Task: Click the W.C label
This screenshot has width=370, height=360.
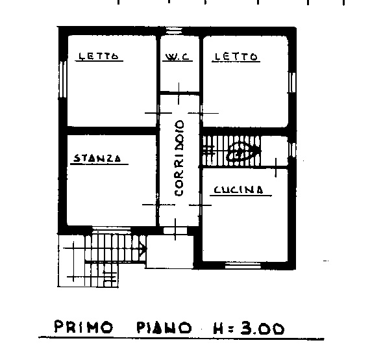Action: click(177, 57)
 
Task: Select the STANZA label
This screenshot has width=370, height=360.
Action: click(97, 158)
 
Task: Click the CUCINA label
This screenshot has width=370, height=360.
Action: click(238, 190)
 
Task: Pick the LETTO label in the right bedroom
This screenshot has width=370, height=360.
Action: click(236, 57)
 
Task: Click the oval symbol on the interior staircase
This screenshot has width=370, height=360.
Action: click(238, 153)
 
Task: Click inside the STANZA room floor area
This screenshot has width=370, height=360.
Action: click(110, 192)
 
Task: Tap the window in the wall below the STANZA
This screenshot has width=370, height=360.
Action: click(107, 229)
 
